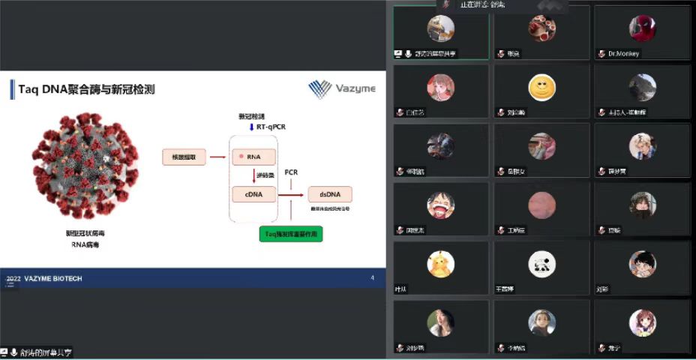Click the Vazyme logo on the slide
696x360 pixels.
pyautogui.click(x=342, y=89)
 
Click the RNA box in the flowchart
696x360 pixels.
pyautogui.click(x=253, y=157)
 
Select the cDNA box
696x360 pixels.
pyautogui.click(x=253, y=195)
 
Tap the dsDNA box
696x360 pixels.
pyautogui.click(x=330, y=195)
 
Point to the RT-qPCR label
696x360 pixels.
pyautogui.click(x=270, y=127)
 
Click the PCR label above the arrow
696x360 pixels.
pyautogui.click(x=291, y=172)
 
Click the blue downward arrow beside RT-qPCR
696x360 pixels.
pyautogui.click(x=250, y=127)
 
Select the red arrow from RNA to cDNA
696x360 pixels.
pyautogui.click(x=253, y=175)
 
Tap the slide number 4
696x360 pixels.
pyautogui.click(x=373, y=278)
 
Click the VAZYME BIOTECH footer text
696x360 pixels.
pyautogui.click(x=53, y=279)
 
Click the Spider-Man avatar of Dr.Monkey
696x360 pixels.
pyautogui.click(x=642, y=28)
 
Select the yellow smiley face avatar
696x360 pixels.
pyautogui.click(x=541, y=88)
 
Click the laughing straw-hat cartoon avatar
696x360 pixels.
pyautogui.click(x=440, y=204)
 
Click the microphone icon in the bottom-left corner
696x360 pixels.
pyautogui.click(x=13, y=352)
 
